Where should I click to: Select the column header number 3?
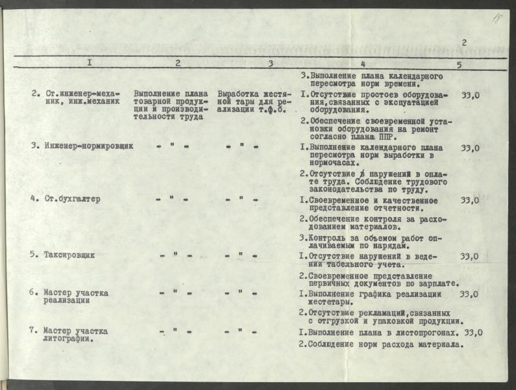pyautogui.click(x=271, y=64)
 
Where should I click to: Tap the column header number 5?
pyautogui.click(x=459, y=64)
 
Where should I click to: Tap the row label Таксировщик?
pyautogui.click(x=69, y=255)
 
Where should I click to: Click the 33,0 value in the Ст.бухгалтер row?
pyautogui.click(x=469, y=200)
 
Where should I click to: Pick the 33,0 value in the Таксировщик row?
pyautogui.click(x=469, y=257)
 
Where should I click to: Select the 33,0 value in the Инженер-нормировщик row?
pyautogui.click(x=469, y=148)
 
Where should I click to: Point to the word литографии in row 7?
pyautogui.click(x=68, y=339)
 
